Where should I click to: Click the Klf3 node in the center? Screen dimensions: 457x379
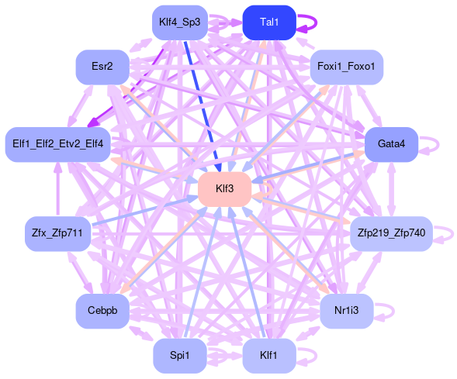click(225, 189)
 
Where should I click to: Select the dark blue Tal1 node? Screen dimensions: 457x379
click(269, 22)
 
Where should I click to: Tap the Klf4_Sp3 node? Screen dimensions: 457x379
click(180, 22)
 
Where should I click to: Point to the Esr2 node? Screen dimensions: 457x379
click(102, 67)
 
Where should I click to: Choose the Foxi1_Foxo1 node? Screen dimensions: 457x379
click(346, 67)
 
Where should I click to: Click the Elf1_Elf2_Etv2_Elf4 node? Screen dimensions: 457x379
click(57, 144)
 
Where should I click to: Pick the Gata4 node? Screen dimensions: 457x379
click(391, 144)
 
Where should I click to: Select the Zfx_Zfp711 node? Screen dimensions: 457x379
click(57, 234)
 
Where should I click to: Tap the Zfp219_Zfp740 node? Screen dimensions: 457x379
click(391, 234)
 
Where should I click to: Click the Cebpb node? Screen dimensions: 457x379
click(102, 311)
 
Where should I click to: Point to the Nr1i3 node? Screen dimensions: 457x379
click(346, 311)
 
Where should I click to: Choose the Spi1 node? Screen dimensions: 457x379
click(180, 356)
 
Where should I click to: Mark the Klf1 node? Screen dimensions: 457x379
click(269, 356)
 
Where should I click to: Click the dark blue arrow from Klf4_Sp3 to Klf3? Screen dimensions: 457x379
click(203, 106)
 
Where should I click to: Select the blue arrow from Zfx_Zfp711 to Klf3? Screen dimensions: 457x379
click(145, 211)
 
